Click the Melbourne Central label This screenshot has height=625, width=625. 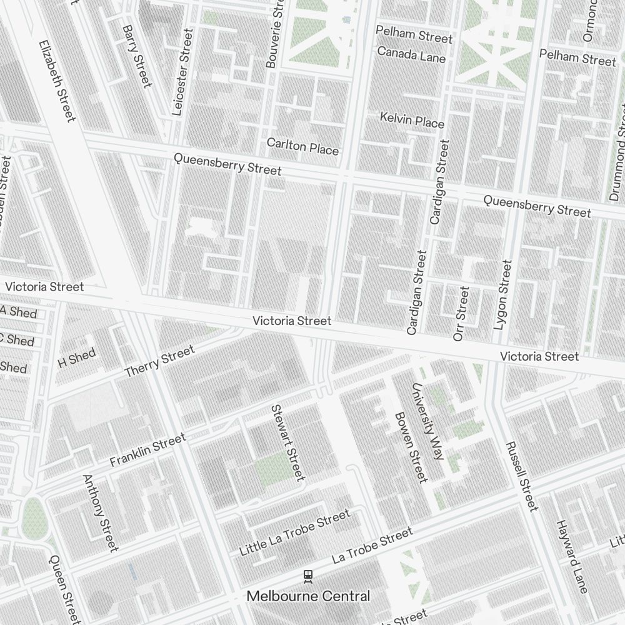(x=308, y=596)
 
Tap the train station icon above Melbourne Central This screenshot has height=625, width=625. (x=307, y=575)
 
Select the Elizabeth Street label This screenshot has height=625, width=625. (x=57, y=81)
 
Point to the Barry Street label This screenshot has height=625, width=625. (x=137, y=56)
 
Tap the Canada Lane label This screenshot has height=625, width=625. (x=411, y=54)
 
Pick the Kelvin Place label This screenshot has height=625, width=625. (x=412, y=119)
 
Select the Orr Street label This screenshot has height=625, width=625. (x=461, y=313)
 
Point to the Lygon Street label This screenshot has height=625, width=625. (x=502, y=294)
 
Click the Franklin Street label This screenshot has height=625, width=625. (x=147, y=450)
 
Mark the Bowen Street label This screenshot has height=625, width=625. (x=411, y=447)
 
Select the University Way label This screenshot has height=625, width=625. (x=427, y=422)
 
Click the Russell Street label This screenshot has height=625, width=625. (x=521, y=476)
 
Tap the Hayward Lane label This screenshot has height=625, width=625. (x=572, y=556)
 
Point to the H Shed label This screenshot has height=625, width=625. (x=76, y=359)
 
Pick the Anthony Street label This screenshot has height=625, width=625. (x=100, y=512)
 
